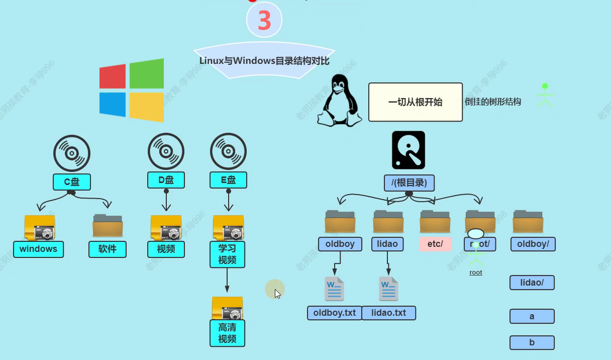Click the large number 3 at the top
[x=264, y=21]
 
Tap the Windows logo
[x=132, y=91]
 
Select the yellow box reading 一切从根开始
[x=415, y=102]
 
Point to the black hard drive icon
[x=409, y=150]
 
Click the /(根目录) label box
[x=409, y=183]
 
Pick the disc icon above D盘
[x=166, y=151]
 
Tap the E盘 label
[x=228, y=179]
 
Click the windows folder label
[x=38, y=249]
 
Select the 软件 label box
[x=108, y=249]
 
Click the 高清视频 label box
[x=227, y=333]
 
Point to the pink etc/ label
[x=435, y=244]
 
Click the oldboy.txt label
[x=334, y=313]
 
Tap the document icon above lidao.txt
[x=388, y=289]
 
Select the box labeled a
[x=532, y=316]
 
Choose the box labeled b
[x=532, y=343]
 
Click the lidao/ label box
[x=532, y=283]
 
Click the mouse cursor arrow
[x=277, y=294]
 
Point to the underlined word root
[x=475, y=273]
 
